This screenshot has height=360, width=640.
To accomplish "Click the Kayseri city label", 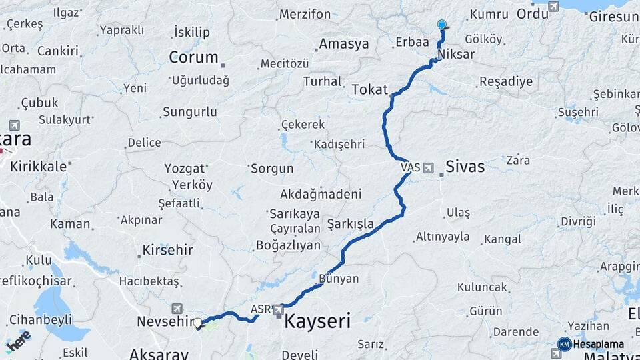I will click(317, 321).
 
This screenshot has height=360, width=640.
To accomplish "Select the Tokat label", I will click(369, 89).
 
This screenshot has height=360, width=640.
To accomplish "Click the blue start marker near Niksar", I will click(441, 25).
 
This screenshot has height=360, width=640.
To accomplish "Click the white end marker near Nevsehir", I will click(197, 323).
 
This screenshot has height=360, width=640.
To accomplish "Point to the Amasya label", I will click(344, 44).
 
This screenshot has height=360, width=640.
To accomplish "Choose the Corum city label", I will click(193, 57).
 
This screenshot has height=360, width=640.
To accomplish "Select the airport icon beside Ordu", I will click(553, 7).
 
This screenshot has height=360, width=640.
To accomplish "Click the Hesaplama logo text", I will click(599, 344).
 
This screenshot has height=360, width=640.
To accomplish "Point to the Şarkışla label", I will click(350, 224).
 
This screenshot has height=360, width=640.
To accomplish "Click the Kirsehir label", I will click(167, 251).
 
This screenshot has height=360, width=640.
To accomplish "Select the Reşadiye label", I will click(506, 82).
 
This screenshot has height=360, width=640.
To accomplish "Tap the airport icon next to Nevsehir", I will click(177, 308).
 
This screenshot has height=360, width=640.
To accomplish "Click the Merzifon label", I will click(305, 14).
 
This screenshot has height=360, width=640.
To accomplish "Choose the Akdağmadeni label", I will click(321, 195).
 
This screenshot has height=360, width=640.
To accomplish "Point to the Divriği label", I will click(578, 221).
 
